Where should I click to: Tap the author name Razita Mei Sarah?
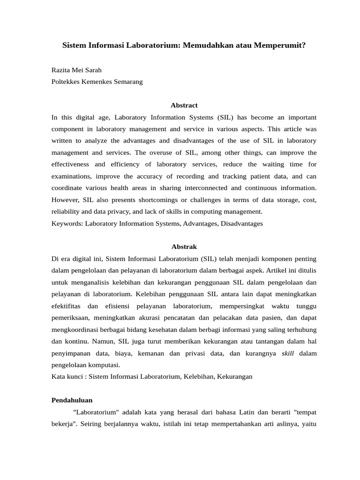76,70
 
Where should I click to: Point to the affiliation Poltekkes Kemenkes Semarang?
97,82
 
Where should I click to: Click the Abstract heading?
184,105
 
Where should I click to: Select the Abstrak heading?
184,247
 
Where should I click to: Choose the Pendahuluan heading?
72,400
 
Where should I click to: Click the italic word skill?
288,353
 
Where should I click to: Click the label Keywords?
67,224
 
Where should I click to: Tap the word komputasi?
105,365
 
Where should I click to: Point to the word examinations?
71,176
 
